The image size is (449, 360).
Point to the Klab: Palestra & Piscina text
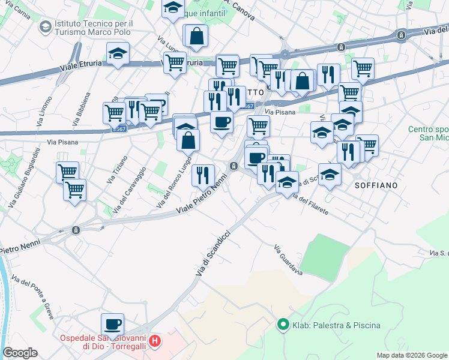[336, 325]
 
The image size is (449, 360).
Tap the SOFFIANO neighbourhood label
[376, 185]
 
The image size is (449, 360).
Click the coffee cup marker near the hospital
[112, 325]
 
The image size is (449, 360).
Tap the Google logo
[20, 353]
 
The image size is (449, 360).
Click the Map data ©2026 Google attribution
[411, 355]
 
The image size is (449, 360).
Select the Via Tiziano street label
[117, 170]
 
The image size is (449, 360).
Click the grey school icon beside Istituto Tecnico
[45, 27]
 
